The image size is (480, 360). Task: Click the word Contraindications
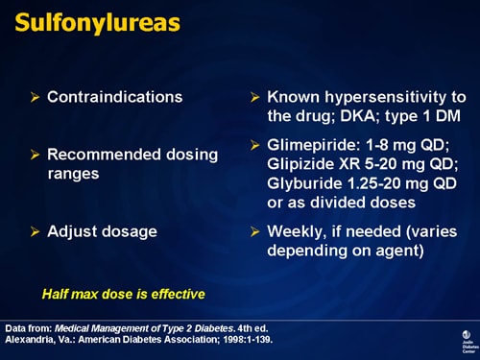(x=114, y=97)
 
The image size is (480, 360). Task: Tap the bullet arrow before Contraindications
(x=36, y=98)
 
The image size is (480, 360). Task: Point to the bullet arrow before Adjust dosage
(x=36, y=231)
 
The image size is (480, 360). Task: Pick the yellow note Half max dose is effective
(x=123, y=293)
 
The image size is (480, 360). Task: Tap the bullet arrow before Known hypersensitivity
(x=254, y=98)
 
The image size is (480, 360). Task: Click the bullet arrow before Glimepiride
(x=254, y=146)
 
